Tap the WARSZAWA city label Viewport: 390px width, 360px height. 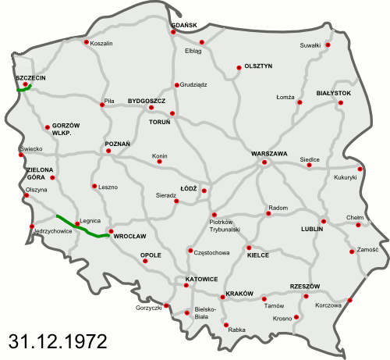(x=270, y=153)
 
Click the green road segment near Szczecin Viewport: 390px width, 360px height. (x=23, y=89)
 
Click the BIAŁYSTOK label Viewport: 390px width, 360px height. (x=334, y=93)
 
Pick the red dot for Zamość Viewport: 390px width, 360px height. (x=352, y=251)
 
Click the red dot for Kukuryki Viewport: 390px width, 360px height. (x=360, y=168)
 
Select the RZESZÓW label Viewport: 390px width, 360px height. (x=305, y=287)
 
